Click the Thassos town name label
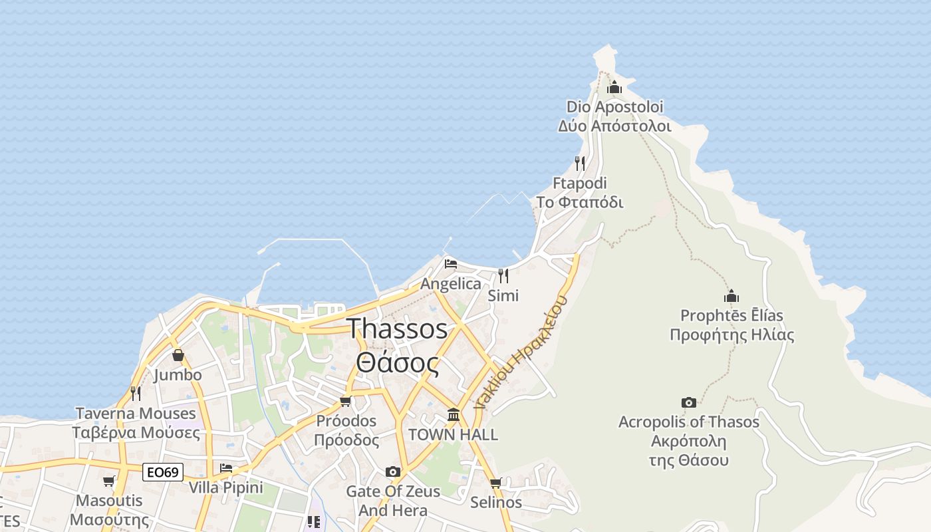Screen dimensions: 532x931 pyautogui.click(x=398, y=329)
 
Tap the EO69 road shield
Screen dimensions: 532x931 pyautogui.click(x=163, y=472)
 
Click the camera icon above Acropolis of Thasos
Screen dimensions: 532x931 pyautogui.click(x=689, y=402)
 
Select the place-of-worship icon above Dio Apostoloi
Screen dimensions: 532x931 pyautogui.click(x=614, y=87)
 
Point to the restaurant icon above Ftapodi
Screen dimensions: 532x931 pyautogui.click(x=580, y=163)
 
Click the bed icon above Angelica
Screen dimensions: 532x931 pyautogui.click(x=450, y=264)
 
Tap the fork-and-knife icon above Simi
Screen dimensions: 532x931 pyautogui.click(x=503, y=275)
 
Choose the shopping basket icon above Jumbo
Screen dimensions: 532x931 pyautogui.click(x=178, y=356)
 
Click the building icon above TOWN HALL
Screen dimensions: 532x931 pyautogui.click(x=454, y=415)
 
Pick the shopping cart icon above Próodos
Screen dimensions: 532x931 pyautogui.click(x=345, y=401)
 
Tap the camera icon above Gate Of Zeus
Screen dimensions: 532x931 pyautogui.click(x=393, y=471)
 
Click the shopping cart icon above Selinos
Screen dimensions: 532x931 pyautogui.click(x=495, y=483)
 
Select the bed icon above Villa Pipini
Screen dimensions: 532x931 pyautogui.click(x=226, y=467)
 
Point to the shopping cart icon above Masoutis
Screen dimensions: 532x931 pyautogui.click(x=109, y=481)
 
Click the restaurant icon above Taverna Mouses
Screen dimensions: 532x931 pyautogui.click(x=136, y=393)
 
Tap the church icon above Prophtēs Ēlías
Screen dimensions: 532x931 pyautogui.click(x=731, y=296)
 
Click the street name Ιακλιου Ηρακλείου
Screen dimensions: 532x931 pyautogui.click(x=522, y=352)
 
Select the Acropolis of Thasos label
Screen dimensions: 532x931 pyautogui.click(x=688, y=422)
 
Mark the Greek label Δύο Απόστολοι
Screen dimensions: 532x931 pyautogui.click(x=614, y=126)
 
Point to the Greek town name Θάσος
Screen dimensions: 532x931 pyautogui.click(x=398, y=363)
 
